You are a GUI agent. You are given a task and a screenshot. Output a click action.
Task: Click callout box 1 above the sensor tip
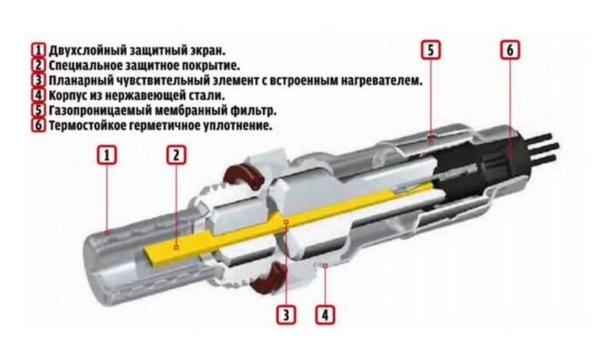[x=107, y=155]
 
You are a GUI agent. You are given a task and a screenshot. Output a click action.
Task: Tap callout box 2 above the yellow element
[x=176, y=155]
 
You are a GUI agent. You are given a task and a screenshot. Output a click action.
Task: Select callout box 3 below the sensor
[x=286, y=315]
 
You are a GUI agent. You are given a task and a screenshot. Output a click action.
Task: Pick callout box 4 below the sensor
[x=325, y=315]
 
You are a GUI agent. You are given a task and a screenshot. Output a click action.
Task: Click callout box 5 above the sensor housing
[x=430, y=50]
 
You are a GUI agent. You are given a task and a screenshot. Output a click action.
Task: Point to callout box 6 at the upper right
[x=510, y=50]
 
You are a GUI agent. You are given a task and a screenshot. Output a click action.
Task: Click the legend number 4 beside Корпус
[x=38, y=95]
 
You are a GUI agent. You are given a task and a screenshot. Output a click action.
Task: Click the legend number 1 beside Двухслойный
[x=38, y=51]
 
